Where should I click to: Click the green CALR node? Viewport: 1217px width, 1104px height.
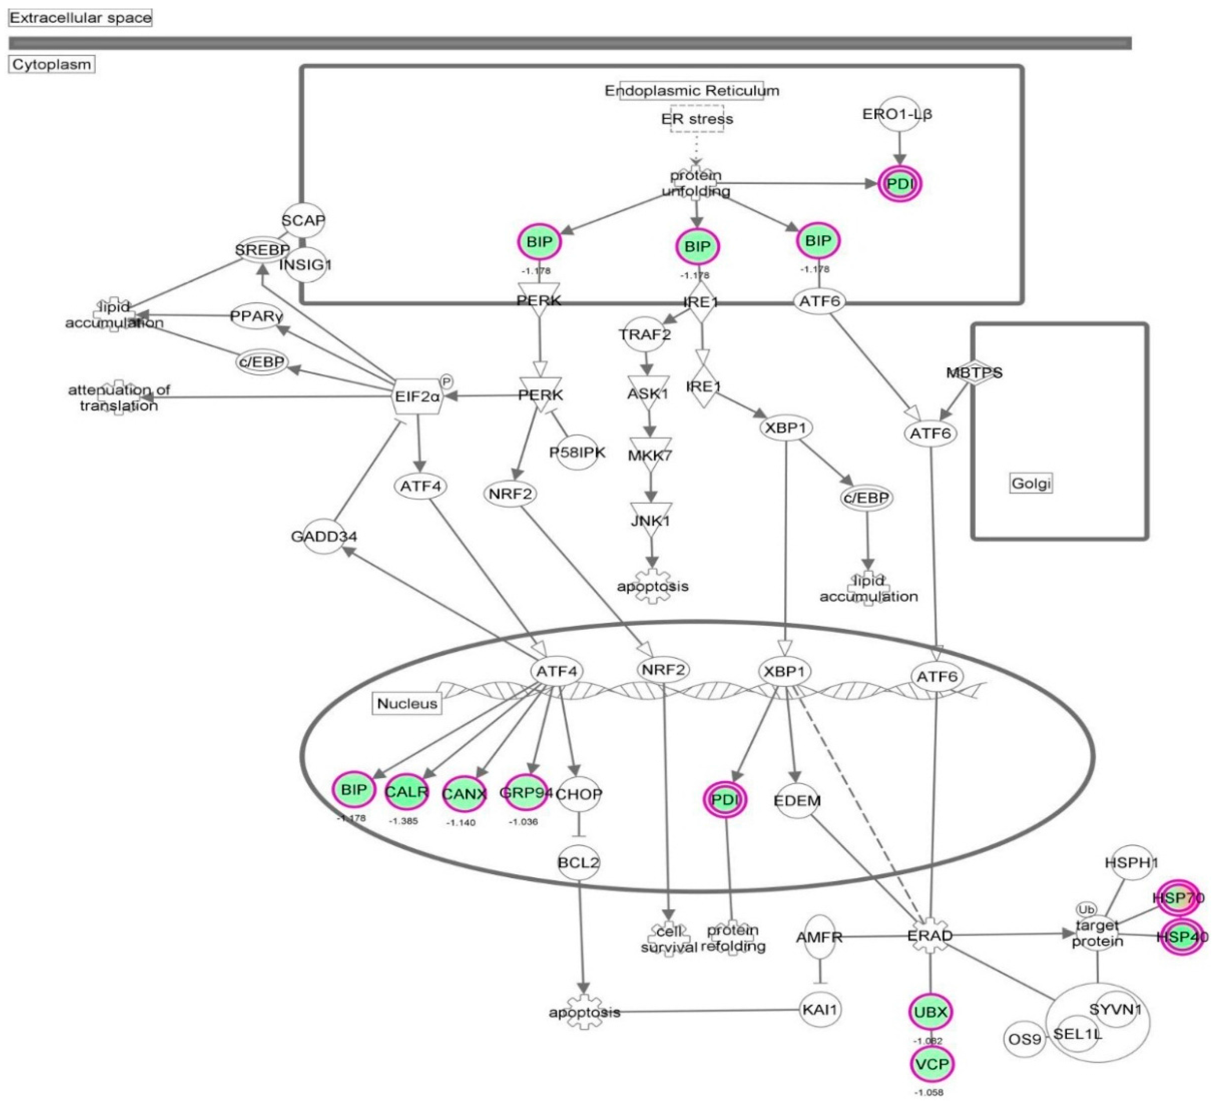pos(406,792)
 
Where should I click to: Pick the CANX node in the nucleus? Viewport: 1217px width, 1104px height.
pos(464,794)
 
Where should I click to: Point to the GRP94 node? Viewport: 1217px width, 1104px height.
pos(525,792)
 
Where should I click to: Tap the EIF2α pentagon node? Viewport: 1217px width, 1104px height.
pos(417,396)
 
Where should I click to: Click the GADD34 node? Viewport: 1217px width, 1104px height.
pos(324,536)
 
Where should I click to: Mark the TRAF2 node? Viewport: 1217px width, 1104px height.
pos(645,334)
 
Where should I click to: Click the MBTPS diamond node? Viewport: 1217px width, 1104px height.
pos(974,373)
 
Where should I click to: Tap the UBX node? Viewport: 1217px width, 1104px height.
pos(930,1012)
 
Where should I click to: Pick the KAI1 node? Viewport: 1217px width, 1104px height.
pos(820,1009)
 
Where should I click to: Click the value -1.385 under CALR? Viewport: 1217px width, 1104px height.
pos(403,821)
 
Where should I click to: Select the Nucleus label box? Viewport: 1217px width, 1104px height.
pos(407,704)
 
